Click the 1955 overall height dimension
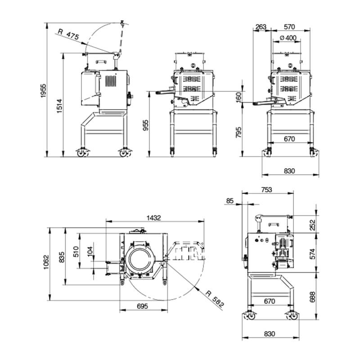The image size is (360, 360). coord(43,91)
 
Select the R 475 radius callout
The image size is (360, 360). coord(68,34)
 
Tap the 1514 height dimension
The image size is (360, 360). coord(59,106)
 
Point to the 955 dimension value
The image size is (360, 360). coord(146,126)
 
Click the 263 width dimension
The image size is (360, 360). coord(261,27)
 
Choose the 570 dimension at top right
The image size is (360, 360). coord(289,27)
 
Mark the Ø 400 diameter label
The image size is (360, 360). coord(288,38)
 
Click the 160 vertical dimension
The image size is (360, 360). coord(239,97)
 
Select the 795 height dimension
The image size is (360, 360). coord(239,132)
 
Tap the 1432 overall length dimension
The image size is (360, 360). coord(154,218)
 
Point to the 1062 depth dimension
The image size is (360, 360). coord(46,262)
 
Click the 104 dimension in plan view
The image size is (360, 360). coord(90,251)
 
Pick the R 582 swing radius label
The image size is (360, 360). coord(215,299)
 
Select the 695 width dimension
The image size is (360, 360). coord(142,306)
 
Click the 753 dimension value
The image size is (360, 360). coord(266,190)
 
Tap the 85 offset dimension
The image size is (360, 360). coord(230,201)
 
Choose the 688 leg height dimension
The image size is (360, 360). coord(312,297)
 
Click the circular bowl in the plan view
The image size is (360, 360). coord(139,259)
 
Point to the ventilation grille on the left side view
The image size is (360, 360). coord(111,81)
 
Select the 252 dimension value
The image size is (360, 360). coord(312,225)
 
